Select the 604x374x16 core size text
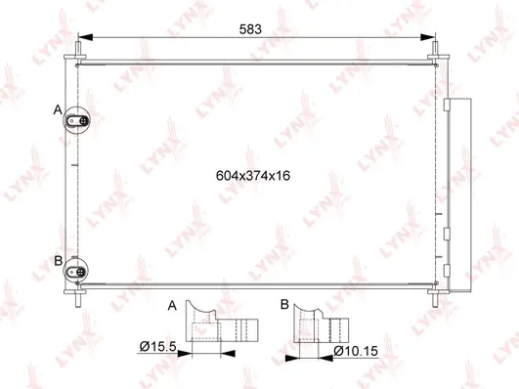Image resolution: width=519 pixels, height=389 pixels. pos(254,177)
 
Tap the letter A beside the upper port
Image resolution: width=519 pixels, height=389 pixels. pos(58,109)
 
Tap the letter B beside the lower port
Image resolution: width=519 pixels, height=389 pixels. pos(58,260)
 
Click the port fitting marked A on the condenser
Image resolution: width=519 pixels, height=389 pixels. pos(78,120)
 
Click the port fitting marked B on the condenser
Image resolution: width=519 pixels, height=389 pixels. pos(78,267)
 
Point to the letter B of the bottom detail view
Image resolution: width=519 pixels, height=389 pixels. pos(283,306)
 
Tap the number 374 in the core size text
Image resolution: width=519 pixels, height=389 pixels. pos(254,177)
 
